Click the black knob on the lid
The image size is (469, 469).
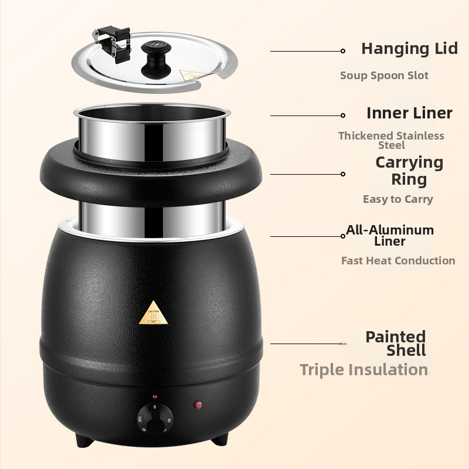156,59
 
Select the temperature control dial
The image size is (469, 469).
155,419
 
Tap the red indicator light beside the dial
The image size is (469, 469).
198,405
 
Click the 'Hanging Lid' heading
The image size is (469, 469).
409,49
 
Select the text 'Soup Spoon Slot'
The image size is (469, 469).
384,76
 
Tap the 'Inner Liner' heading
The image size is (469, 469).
409,113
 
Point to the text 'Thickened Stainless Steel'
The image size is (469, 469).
391,140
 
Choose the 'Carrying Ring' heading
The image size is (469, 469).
409,171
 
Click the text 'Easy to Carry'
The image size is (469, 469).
398,199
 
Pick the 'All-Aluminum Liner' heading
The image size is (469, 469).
390,236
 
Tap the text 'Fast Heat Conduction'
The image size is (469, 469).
398,260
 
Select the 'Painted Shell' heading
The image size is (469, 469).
395,344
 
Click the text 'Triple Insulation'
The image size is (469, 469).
363,370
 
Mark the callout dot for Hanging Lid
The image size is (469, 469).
343,51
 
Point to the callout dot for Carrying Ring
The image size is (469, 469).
343,174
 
